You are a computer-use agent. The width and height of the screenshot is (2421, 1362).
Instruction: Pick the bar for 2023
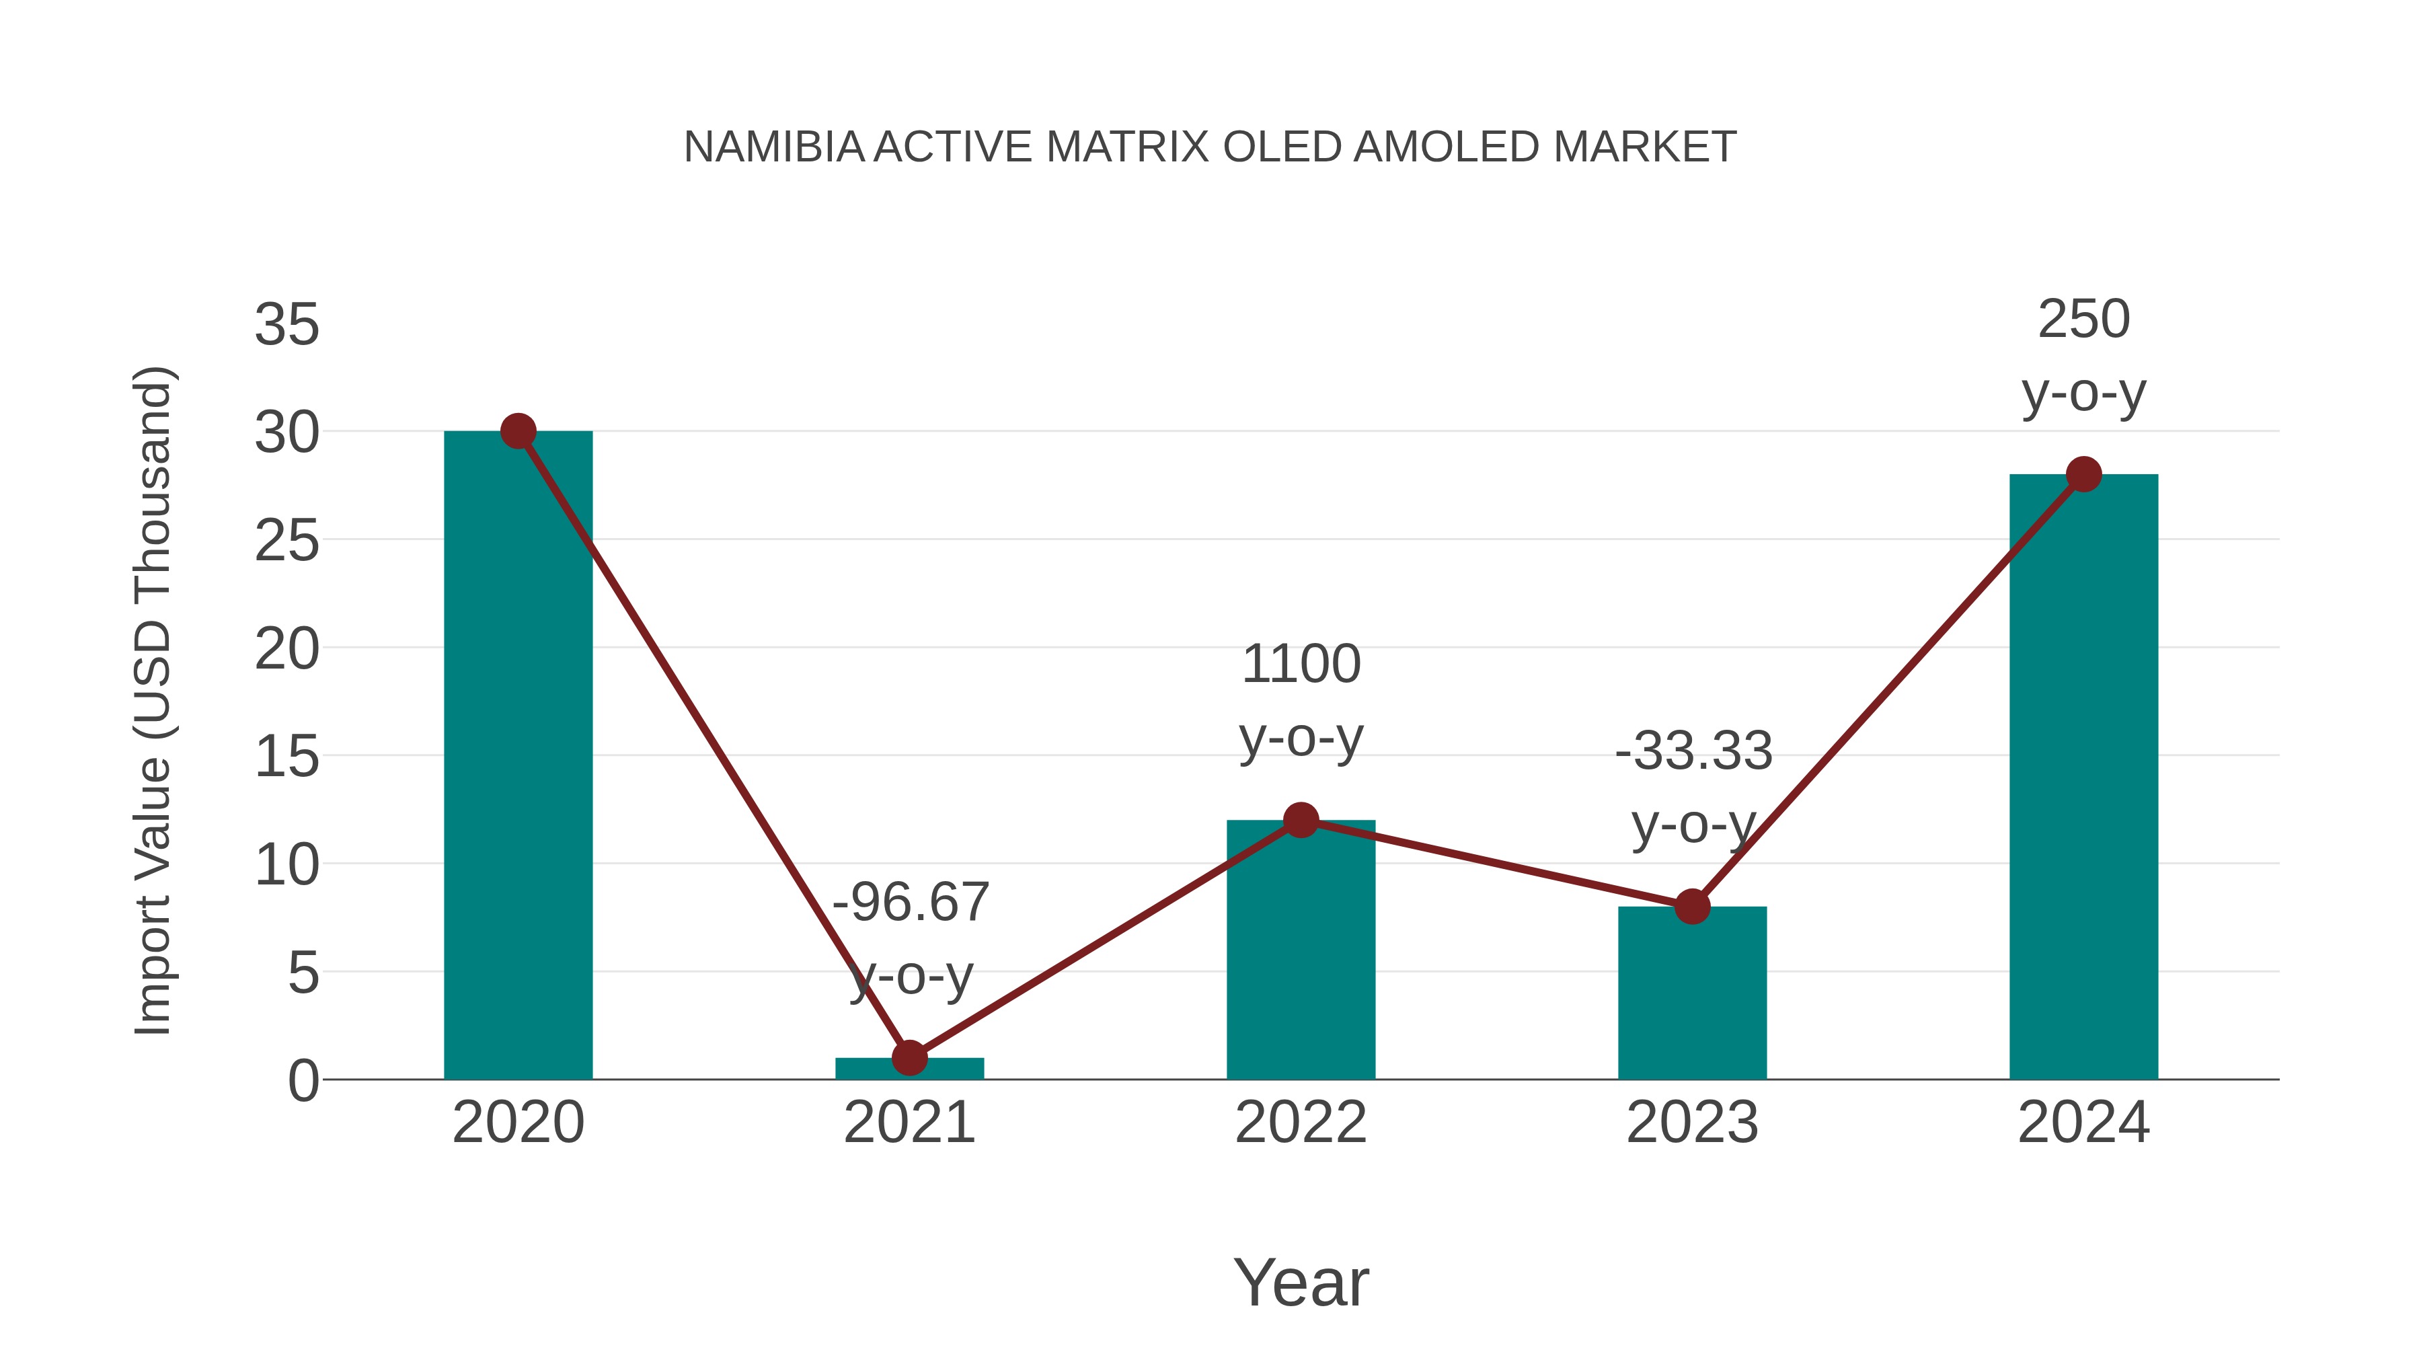[1692, 996]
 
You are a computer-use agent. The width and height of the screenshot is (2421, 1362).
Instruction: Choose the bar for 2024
[2083, 780]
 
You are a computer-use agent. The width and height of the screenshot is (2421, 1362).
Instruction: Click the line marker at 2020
[518, 431]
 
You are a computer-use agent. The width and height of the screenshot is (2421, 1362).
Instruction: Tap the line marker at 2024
[2083, 475]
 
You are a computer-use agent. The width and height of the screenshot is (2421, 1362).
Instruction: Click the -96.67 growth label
[911, 903]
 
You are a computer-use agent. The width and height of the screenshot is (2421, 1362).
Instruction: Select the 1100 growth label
[1301, 665]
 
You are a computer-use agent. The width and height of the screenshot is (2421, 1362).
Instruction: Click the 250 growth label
[2083, 319]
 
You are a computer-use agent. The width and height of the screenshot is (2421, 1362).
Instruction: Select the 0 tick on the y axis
[303, 1081]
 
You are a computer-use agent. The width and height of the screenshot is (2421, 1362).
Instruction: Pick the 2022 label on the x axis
[1301, 1123]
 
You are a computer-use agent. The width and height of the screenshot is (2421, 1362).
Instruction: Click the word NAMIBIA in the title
[773, 147]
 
